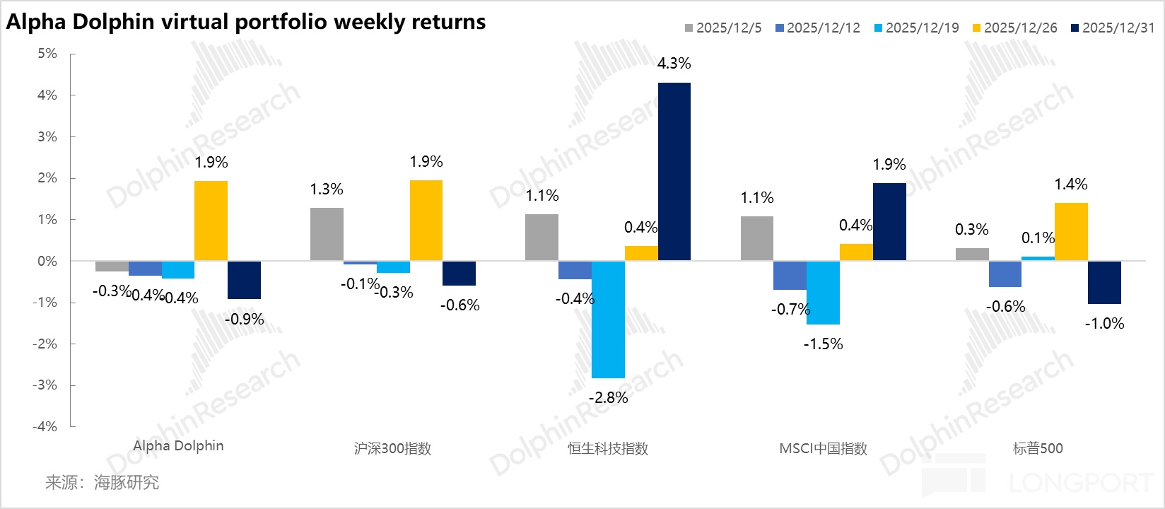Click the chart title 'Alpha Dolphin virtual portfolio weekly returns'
click(246, 22)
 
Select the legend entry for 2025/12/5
click(722, 28)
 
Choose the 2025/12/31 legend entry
click(1113, 28)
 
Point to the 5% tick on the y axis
click(47, 54)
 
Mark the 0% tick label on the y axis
click(47, 261)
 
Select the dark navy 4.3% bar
click(674, 172)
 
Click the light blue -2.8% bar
click(608, 319)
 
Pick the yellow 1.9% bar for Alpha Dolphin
click(211, 221)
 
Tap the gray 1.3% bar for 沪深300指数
click(327, 234)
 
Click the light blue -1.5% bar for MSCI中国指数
click(823, 292)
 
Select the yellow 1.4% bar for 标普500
click(1071, 232)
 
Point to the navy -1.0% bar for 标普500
click(1103, 282)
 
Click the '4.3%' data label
click(674, 64)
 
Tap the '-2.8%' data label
click(608, 398)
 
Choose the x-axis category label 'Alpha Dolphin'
click(178, 446)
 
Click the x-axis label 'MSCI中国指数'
click(823, 448)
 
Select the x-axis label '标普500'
click(1038, 448)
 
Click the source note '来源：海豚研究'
click(102, 483)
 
